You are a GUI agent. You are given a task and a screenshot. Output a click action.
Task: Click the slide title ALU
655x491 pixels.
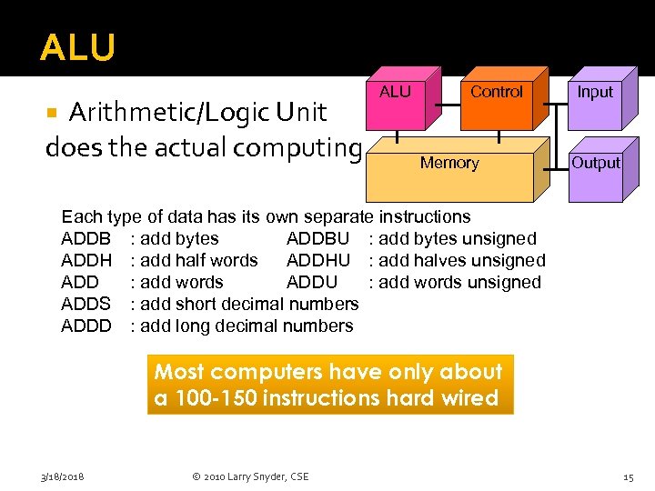[77, 48]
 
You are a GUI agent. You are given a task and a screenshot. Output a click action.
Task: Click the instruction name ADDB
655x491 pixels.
[86, 239]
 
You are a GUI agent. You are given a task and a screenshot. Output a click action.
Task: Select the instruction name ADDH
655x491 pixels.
[86, 261]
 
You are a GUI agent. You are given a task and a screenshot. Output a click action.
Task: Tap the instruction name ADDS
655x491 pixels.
[86, 305]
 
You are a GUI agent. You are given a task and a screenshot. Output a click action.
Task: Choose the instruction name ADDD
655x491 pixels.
[86, 326]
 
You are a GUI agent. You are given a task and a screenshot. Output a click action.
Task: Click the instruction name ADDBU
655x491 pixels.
[317, 239]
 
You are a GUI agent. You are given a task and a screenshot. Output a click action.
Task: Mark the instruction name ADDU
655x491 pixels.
[311, 283]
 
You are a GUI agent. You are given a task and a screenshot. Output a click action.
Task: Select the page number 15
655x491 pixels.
[628, 476]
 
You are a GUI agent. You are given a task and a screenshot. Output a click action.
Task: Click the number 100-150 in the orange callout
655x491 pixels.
[214, 398]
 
